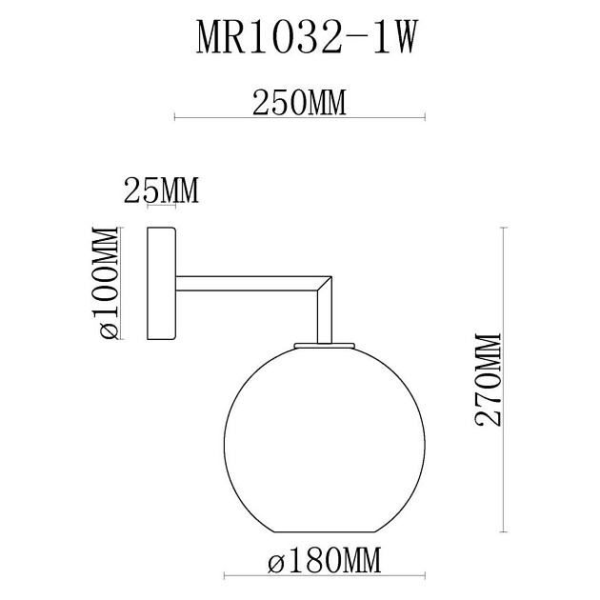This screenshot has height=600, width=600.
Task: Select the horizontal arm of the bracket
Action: (x=248, y=284)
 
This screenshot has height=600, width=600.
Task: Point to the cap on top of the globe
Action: (x=324, y=345)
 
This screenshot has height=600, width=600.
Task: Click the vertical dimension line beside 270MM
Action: (x=502, y=381)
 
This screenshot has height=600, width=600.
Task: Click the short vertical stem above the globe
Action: (x=324, y=319)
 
